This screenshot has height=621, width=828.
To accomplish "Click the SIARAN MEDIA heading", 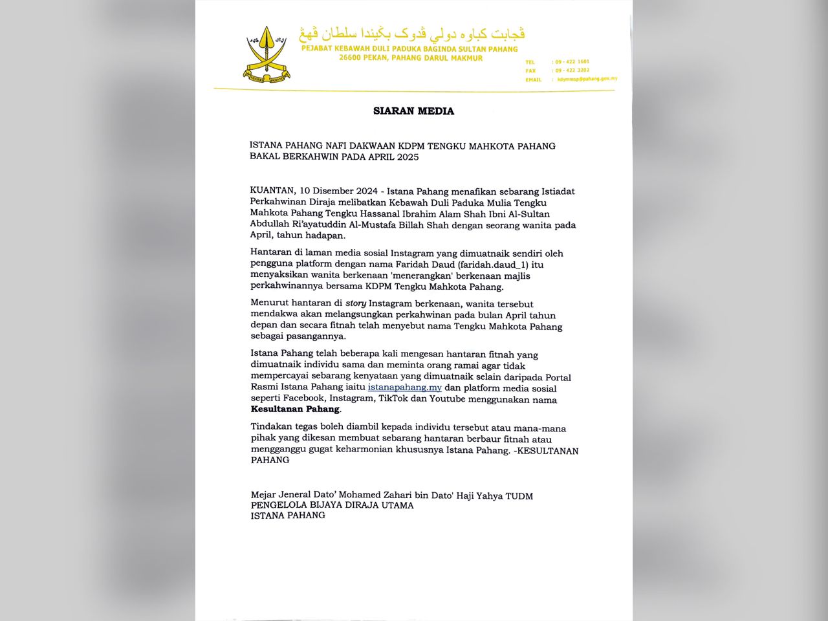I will [x=413, y=111].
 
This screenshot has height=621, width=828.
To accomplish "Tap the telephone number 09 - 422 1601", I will [x=572, y=62].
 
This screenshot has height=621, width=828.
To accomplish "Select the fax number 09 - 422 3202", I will [x=572, y=71].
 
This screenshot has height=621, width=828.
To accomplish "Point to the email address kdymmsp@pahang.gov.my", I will [x=587, y=79].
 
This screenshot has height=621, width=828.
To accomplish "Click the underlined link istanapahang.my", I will [x=404, y=387].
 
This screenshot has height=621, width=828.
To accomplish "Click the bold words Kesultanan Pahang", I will [x=295, y=409].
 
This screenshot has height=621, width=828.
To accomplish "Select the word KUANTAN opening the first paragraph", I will [x=272, y=191].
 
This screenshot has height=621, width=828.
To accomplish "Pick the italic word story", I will [x=355, y=303].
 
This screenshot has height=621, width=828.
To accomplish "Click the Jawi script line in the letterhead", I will [x=411, y=34].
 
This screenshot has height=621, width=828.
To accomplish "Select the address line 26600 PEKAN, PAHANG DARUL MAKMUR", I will [x=411, y=58].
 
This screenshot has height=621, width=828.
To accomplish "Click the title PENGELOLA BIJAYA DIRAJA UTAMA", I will [x=332, y=505].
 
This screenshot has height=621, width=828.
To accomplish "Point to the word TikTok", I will [x=393, y=399].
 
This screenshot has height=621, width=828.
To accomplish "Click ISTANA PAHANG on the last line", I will [x=288, y=516].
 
